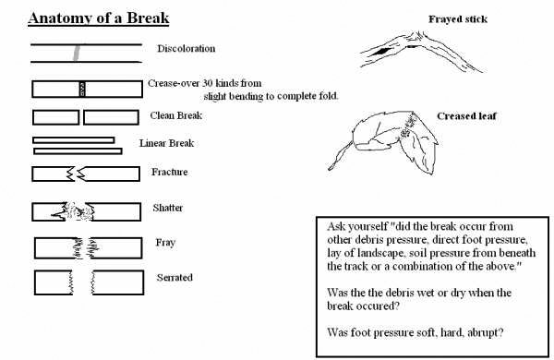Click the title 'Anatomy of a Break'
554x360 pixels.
[x=99, y=18]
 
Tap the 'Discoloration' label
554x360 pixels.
[x=187, y=48]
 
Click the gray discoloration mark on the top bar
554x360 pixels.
[x=77, y=53]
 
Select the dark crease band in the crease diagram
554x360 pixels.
[x=82, y=89]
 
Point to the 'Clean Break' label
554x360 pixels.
[x=176, y=115]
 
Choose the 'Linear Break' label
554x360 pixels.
[x=167, y=143]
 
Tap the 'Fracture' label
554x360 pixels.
[x=170, y=172]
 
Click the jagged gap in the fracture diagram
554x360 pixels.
[x=76, y=174]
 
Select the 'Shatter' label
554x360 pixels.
[x=168, y=208]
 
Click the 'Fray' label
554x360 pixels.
[x=165, y=243]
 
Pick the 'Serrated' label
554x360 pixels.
[x=175, y=277]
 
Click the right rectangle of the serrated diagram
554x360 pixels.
[x=117, y=282]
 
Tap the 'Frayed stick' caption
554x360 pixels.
[x=458, y=19]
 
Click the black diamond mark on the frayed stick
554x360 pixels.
[x=379, y=52]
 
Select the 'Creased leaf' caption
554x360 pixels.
[x=466, y=116]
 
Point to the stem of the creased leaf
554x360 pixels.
[x=340, y=156]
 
